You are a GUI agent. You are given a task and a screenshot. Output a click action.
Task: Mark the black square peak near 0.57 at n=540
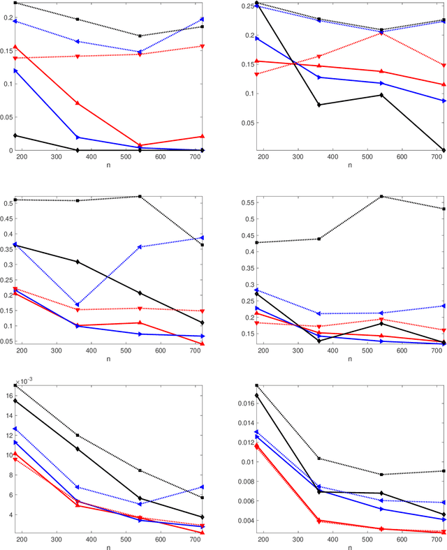(x=381, y=196)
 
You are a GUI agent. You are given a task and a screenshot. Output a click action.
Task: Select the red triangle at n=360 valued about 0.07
(x=78, y=103)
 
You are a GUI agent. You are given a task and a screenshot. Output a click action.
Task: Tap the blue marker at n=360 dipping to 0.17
(x=78, y=304)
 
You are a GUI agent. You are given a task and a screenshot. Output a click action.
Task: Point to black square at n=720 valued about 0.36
(x=203, y=245)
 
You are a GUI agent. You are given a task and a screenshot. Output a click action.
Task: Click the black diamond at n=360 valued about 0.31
(x=78, y=262)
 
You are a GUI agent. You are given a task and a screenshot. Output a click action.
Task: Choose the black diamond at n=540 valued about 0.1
(x=381, y=95)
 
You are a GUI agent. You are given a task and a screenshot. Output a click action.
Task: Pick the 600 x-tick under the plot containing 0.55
(x=402, y=352)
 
